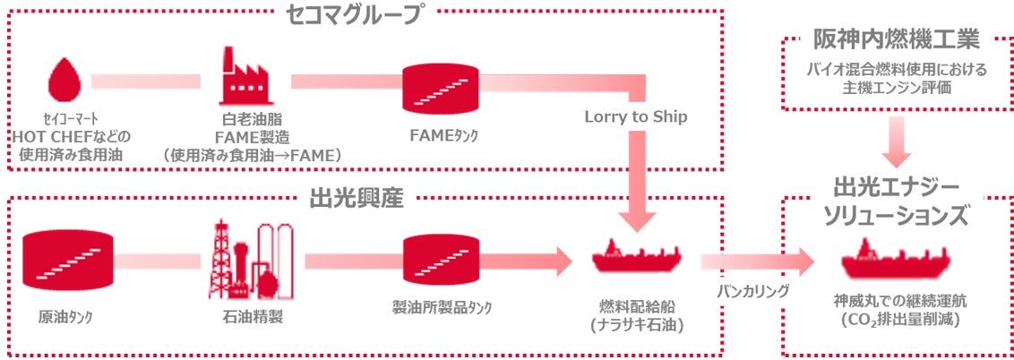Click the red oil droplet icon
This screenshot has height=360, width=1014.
[x=64, y=81]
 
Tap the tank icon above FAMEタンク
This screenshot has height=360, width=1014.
[x=439, y=88]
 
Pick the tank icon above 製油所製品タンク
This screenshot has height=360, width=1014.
[x=439, y=261]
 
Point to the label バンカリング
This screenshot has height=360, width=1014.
[x=752, y=290]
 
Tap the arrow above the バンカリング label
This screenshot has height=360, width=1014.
[x=757, y=261]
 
